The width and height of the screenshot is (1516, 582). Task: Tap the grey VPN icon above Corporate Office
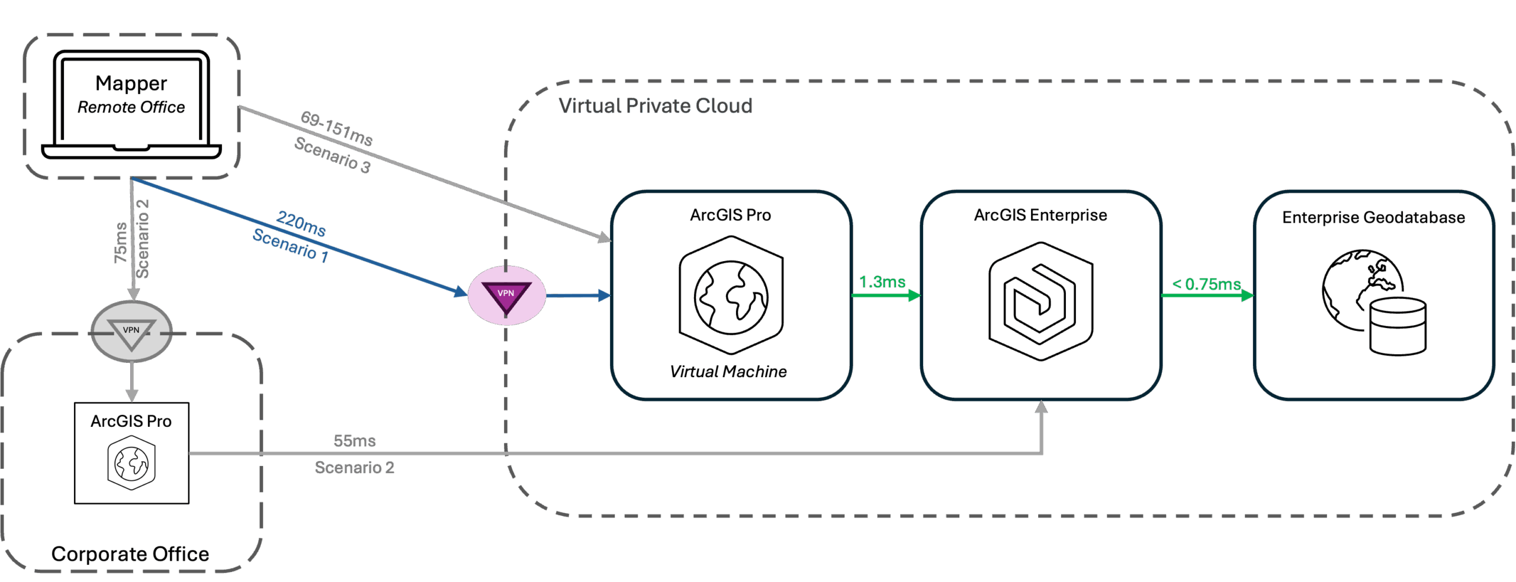131,332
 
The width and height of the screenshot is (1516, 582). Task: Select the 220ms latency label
301,223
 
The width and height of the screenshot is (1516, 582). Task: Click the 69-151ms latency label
336,128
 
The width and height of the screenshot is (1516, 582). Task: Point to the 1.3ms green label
882,282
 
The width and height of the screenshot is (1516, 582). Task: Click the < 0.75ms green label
1206,284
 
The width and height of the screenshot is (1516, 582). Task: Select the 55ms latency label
354,440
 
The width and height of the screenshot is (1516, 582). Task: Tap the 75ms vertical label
121,243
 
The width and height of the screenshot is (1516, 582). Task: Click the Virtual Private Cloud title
655,106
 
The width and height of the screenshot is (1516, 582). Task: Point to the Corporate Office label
130,554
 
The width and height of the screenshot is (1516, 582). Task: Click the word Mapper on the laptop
131,83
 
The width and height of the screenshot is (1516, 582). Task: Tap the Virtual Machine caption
728,371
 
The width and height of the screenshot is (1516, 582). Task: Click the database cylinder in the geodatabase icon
1398,326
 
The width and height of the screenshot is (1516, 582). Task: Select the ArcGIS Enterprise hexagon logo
1040,301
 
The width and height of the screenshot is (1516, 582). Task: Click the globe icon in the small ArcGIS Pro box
131,463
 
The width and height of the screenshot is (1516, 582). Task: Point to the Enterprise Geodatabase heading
1373,217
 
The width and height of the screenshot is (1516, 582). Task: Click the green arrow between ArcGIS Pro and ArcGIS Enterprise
886,295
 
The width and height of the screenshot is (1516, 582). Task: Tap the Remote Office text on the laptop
131,107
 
